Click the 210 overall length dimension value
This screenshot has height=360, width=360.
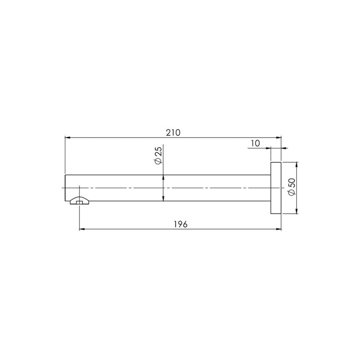tap(173, 133)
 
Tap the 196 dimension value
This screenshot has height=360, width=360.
tap(181, 224)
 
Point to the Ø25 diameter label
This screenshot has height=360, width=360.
tap(158, 155)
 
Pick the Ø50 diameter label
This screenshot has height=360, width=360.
tap(291, 187)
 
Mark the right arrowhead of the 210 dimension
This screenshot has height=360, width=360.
tap(279, 137)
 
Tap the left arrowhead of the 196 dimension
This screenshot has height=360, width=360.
tap(81, 229)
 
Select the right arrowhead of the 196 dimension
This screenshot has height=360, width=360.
tap(279, 229)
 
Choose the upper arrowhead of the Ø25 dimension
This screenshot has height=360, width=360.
tap(163, 177)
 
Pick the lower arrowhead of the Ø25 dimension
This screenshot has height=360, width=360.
tap(163, 199)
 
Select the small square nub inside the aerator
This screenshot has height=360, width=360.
tap(79, 202)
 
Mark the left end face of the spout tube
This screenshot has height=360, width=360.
tap(65, 188)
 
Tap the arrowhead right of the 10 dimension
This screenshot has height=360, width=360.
tap(284, 148)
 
